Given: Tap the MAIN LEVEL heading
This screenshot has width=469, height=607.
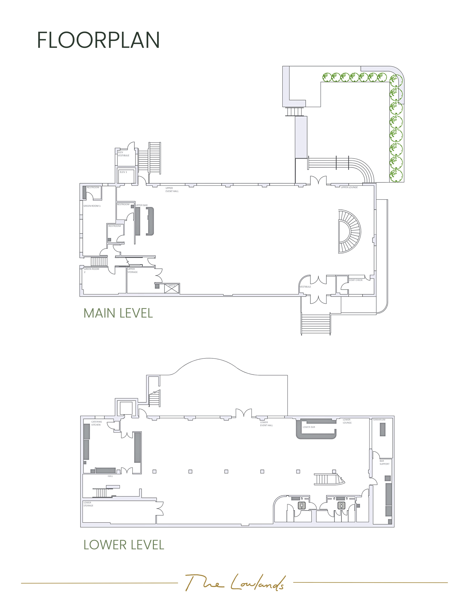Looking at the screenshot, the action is tap(118, 313).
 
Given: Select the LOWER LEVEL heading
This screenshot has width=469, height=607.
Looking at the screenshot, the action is tap(124, 545).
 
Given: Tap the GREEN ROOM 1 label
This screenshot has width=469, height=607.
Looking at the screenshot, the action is tap(92, 206).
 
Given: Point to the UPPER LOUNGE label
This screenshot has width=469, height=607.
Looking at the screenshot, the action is tap(349, 187).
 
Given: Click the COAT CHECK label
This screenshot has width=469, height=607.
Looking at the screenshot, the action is tap(356, 280).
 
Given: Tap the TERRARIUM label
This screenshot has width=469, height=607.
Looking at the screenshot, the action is tap(379, 420).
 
